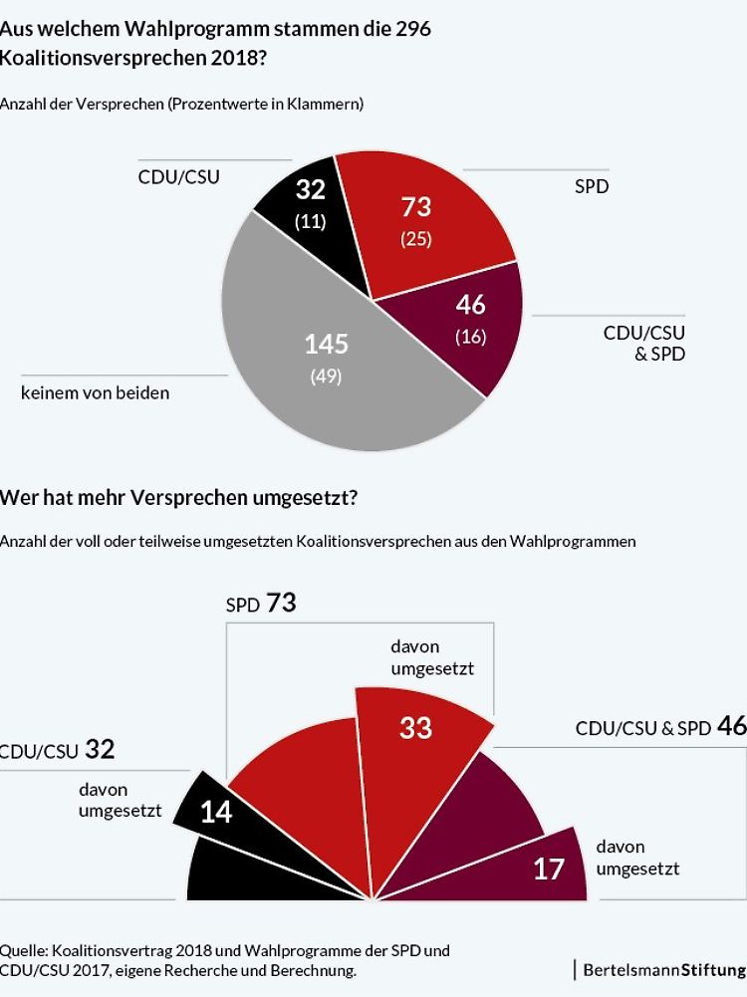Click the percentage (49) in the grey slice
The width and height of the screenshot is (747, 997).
(326, 375)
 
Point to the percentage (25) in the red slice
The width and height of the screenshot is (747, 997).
(416, 239)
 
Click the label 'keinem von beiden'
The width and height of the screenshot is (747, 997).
(96, 392)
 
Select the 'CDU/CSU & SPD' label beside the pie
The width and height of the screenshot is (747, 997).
(644, 343)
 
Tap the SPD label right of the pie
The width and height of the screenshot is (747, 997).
(592, 185)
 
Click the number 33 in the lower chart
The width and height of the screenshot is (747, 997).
(415, 728)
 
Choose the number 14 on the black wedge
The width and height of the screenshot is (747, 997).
(216, 813)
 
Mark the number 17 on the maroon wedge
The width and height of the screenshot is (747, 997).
(548, 869)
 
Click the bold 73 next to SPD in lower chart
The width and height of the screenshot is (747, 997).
(281, 603)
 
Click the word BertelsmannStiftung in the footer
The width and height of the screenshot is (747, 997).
(664, 969)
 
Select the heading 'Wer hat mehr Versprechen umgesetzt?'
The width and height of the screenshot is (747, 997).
(178, 497)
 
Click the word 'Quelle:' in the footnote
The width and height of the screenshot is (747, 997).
(26, 950)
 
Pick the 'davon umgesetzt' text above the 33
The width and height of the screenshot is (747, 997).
(432, 658)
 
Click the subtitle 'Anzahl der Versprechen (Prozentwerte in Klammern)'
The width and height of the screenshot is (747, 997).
(182, 103)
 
